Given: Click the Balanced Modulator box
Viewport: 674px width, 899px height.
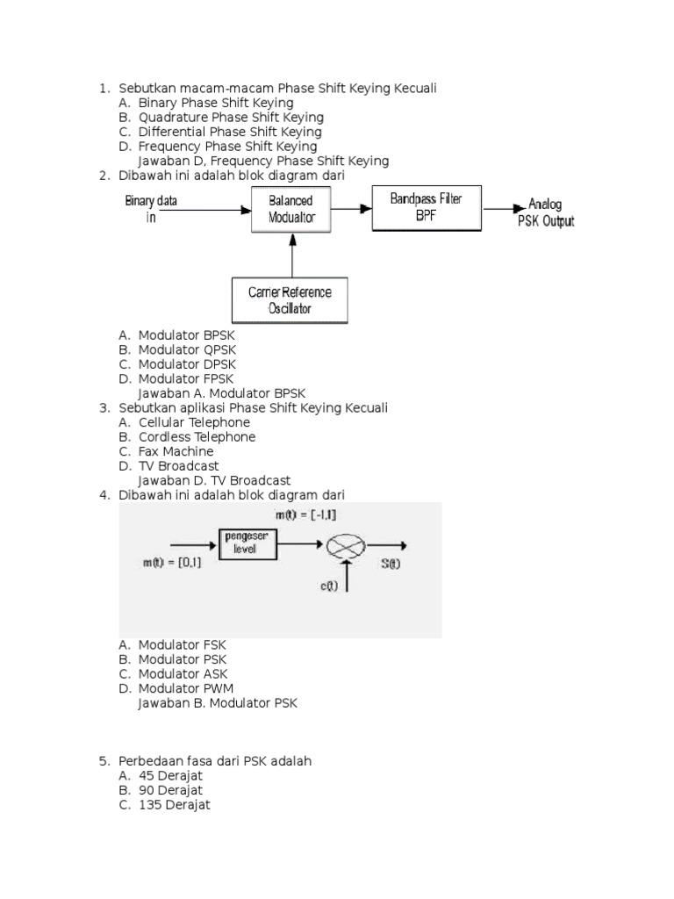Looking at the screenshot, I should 290,209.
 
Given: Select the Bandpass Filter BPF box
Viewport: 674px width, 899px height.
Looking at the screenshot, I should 426,206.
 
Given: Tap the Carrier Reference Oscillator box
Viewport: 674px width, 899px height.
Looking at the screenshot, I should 290,300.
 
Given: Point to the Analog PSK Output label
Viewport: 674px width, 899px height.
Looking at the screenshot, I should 545,213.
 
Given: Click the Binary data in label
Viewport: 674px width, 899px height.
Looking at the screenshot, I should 151,209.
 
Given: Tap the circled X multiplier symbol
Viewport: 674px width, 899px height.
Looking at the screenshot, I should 348,546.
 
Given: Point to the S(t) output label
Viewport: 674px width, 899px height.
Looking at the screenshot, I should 391,565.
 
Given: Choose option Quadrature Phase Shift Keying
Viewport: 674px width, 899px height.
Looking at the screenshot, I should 230,117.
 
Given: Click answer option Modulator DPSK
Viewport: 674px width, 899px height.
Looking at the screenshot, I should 187,363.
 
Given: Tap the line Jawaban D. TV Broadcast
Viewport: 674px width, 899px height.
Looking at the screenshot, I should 214,480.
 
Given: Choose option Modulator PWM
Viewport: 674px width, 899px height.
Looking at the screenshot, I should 186,688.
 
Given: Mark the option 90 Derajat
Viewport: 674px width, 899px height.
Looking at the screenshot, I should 170,790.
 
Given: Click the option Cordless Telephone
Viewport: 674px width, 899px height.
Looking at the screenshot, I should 197,436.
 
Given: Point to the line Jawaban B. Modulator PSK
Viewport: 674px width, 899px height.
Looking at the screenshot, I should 218,703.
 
